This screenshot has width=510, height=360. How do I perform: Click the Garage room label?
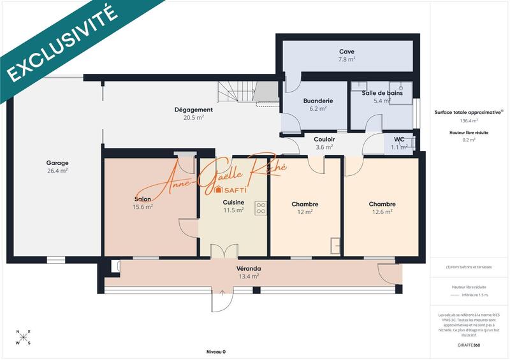(x=57, y=162)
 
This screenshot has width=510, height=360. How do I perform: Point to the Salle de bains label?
(x=382, y=93)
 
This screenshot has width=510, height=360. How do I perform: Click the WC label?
(x=399, y=139)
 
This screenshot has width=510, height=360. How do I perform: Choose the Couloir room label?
(x=324, y=139)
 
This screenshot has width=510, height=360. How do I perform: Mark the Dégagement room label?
(x=193, y=110)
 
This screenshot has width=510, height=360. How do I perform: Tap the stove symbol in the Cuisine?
(x=260, y=208)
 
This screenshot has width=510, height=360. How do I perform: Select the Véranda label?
(x=249, y=268)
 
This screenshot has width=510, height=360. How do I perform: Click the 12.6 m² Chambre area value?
(x=382, y=212)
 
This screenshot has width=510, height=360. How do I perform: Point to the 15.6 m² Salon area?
(x=142, y=207)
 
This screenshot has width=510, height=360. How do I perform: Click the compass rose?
(x=23, y=338)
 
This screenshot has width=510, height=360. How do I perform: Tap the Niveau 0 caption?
(x=215, y=352)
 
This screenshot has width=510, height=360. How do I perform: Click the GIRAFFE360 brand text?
(x=468, y=345)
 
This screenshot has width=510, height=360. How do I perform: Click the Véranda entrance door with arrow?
(x=221, y=299)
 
